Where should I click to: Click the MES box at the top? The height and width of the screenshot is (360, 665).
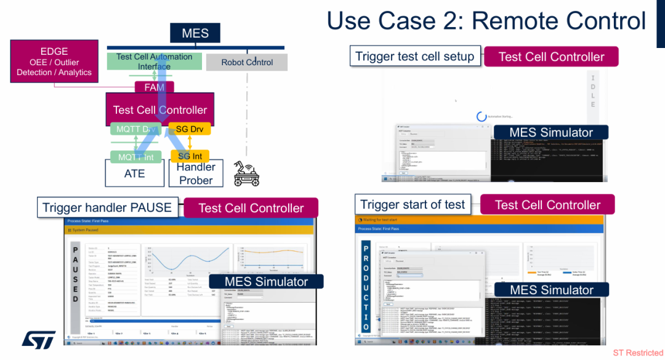[195, 33]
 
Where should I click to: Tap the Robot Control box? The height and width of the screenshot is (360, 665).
[246, 62]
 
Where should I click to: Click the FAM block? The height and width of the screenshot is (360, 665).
[155, 87]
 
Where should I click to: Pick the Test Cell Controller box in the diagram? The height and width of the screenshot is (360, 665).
[160, 110]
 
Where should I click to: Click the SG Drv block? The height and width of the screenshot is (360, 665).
[190, 129]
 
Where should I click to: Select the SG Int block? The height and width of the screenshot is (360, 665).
[190, 156]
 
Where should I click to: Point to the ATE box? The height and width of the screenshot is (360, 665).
[134, 174]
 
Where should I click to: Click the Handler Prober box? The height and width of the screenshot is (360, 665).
[196, 174]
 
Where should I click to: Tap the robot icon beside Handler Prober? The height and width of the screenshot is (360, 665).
[247, 174]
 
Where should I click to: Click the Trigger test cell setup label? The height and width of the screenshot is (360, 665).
[415, 57]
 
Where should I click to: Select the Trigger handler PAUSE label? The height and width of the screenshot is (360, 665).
[107, 207]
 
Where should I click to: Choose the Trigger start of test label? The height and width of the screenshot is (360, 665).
[413, 204]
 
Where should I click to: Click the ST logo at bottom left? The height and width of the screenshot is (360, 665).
[39, 339]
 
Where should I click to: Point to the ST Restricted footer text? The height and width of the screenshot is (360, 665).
[638, 353]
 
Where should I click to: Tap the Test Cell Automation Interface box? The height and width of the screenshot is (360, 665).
[155, 61]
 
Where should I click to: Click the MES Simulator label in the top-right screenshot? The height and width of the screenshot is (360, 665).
[551, 132]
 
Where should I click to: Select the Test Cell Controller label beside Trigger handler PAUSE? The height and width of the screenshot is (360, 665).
[251, 208]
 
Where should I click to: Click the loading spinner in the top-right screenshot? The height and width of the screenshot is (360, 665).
[482, 116]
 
